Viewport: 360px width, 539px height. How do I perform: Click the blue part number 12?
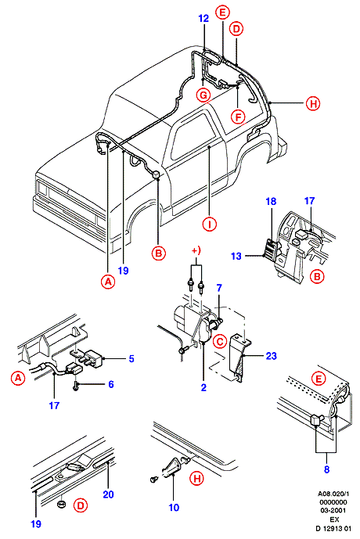(203, 18)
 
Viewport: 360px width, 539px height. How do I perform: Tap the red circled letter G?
(203, 95)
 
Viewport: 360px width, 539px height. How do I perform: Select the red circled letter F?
(238, 117)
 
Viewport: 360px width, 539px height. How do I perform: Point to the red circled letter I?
(210, 225)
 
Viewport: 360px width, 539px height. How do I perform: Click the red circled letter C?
(220, 341)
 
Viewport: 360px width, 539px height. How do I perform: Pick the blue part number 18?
(271, 201)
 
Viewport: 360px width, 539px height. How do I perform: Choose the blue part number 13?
(236, 256)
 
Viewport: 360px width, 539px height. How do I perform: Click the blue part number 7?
(219, 288)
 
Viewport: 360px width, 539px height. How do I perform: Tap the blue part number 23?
(271, 356)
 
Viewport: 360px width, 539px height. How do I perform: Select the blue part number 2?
(203, 387)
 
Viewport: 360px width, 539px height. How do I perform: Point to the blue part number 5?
(131, 359)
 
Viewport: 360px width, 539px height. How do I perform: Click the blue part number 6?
(110, 384)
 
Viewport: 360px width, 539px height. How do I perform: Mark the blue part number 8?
(326, 469)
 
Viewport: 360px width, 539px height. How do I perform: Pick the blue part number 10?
(174, 507)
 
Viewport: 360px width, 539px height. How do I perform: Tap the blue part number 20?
(108, 494)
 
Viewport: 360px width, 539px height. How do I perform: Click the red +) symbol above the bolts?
(196, 251)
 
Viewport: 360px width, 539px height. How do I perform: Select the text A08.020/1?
(333, 494)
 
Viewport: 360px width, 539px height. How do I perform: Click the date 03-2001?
(333, 511)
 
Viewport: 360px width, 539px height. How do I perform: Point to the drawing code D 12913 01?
(333, 527)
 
